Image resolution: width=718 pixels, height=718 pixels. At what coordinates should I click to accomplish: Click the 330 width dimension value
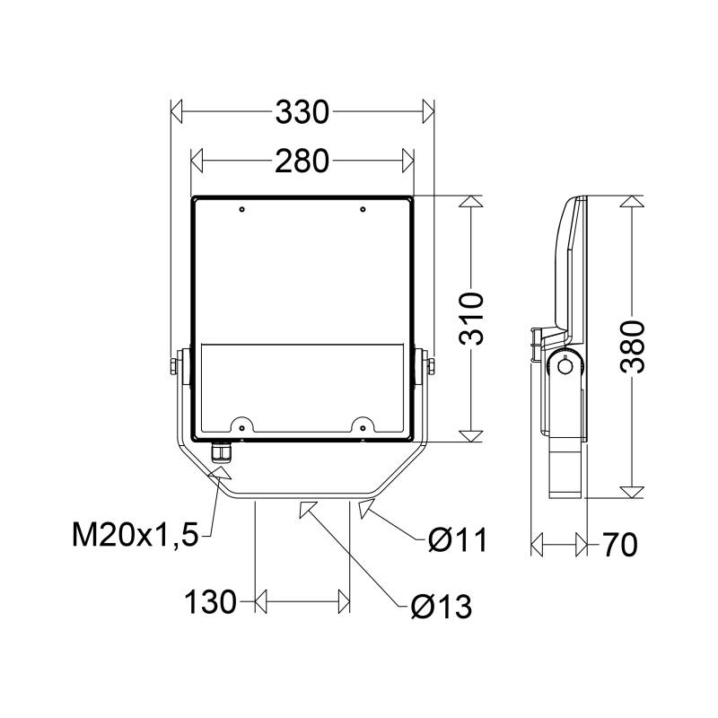pos(302,111)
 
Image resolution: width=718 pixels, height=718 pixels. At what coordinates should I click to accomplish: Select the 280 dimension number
pos(302,162)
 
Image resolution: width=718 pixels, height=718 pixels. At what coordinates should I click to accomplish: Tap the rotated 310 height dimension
pos(471,319)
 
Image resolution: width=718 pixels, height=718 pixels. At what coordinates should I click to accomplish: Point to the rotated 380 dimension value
pos(633,347)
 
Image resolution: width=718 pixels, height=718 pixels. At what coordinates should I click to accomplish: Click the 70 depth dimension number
pos(620,545)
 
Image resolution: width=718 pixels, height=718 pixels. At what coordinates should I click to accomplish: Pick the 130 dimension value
pos(211,601)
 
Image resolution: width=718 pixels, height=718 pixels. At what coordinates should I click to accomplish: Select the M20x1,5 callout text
pos(136,535)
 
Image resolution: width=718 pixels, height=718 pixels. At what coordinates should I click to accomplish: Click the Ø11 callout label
pos(458,540)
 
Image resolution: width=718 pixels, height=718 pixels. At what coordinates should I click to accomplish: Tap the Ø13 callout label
pos(441,607)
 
